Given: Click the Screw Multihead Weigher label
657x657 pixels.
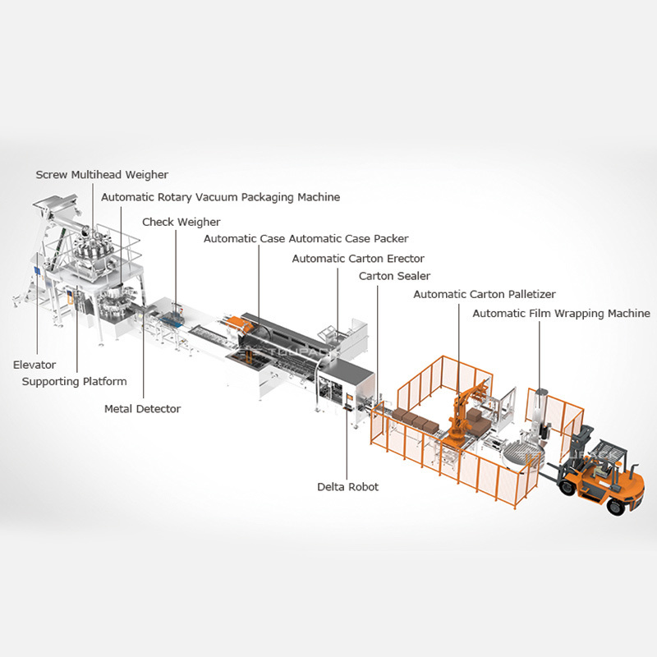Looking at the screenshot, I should pos(102,175).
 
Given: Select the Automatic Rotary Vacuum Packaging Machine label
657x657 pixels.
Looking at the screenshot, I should pos(220,197).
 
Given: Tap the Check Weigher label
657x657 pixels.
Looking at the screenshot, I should pos(181,222).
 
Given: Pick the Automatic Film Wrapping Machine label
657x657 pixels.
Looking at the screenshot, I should pos(561,313).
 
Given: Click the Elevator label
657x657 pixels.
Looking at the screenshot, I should pos(34,365).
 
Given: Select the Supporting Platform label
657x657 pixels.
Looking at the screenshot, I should pos(74,381).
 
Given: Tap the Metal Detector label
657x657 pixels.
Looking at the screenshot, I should pos(142,408).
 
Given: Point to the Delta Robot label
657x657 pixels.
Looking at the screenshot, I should pos(348,487).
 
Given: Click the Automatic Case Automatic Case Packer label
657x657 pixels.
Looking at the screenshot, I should pos(306,239).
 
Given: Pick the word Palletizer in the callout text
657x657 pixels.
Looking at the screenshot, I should pos(526,294).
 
